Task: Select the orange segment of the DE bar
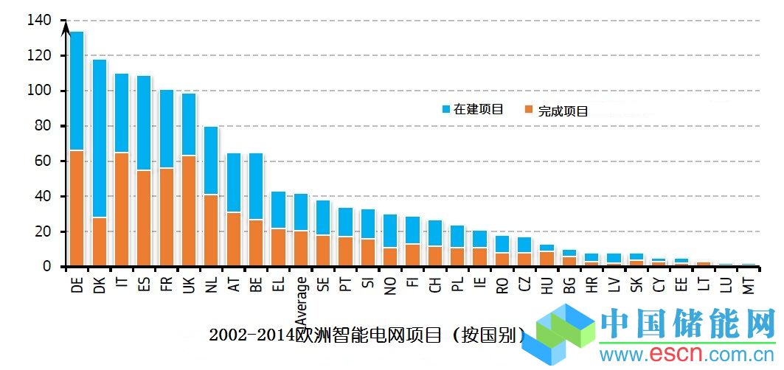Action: click(77, 208)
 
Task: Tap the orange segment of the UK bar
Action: click(189, 210)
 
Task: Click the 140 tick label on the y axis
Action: click(38, 21)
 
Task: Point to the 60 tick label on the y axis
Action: click(41, 161)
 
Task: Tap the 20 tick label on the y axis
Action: click(41, 231)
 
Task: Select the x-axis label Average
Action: click(301, 301)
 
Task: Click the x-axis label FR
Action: click(167, 285)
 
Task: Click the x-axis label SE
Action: click(323, 285)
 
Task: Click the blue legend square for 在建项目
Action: click(445, 109)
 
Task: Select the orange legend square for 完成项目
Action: click(529, 111)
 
